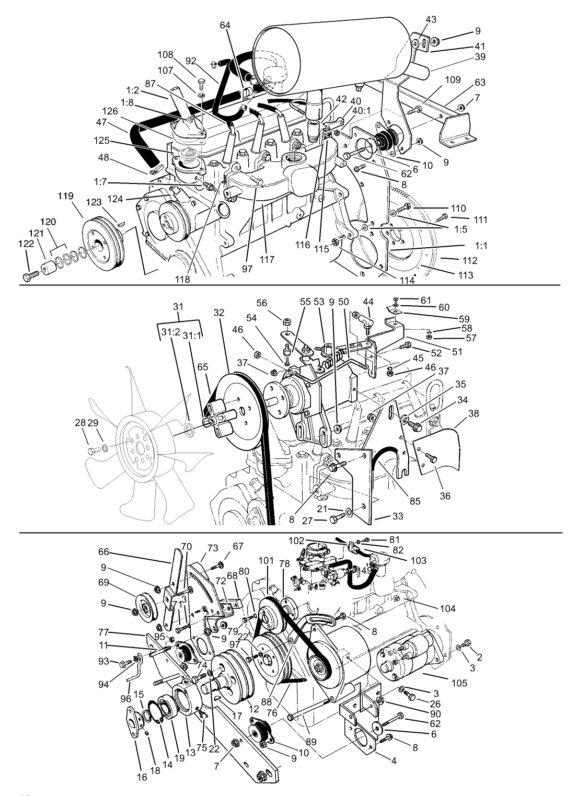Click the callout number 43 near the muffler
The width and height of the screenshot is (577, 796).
pyautogui.click(x=431, y=19)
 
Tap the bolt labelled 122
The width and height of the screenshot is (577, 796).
pyautogui.click(x=30, y=276)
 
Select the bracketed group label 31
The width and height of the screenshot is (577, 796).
pyautogui.click(x=178, y=306)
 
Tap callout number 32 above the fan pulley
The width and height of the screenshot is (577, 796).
pyautogui.click(x=218, y=313)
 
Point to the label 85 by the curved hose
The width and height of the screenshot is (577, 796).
pyautogui.click(x=414, y=502)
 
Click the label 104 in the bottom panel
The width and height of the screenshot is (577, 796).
pyautogui.click(x=448, y=608)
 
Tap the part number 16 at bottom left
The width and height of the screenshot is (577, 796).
pyautogui.click(x=142, y=778)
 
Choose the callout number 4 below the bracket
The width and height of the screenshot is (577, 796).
pyautogui.click(x=394, y=761)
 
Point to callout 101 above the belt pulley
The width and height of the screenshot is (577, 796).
pyautogui.click(x=266, y=561)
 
